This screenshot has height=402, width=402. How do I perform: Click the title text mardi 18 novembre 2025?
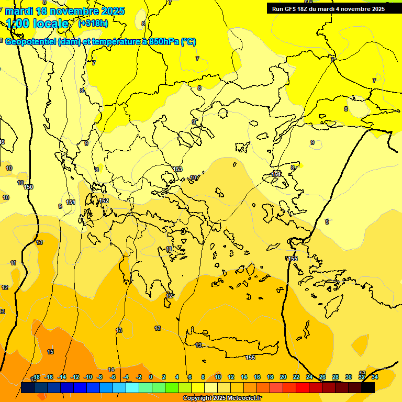(65, 11)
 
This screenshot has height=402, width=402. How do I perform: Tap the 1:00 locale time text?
(37, 24)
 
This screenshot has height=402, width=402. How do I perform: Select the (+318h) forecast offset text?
(93, 24)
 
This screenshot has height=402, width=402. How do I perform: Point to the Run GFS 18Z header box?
(328, 9)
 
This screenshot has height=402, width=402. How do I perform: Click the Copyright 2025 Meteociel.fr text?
(222, 398)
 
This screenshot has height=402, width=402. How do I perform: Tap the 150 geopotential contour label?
(28, 187)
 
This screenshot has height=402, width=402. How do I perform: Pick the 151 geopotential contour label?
(71, 202)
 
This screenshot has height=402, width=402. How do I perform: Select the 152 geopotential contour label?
(104, 200)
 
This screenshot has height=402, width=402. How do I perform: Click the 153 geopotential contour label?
(178, 169)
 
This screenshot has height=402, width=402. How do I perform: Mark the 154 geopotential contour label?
(276, 174)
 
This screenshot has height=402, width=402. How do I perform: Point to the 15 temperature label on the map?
(50, 352)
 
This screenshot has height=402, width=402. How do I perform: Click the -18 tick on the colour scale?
(37, 377)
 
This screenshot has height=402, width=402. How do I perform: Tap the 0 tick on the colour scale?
(151, 377)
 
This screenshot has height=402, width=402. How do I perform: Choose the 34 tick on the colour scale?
(375, 377)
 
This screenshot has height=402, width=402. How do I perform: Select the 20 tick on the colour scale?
(283, 377)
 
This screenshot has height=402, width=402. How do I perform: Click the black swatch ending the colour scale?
(368, 387)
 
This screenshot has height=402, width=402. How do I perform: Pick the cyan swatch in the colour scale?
(132, 387)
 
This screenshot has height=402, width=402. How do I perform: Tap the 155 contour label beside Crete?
(250, 358)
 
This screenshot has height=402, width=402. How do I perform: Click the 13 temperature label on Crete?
(198, 345)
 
